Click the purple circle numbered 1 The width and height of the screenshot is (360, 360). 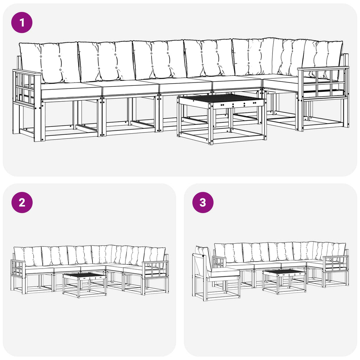click(22, 22)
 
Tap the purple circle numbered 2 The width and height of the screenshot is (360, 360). click(22, 202)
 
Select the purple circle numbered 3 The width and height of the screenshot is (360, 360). click(203, 202)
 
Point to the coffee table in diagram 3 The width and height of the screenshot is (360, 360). click(284, 282)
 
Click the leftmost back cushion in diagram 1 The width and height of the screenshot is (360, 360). click(49, 62)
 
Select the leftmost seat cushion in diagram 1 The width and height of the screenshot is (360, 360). click(71, 90)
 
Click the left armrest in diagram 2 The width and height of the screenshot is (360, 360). click(18, 277)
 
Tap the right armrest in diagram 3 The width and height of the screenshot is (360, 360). click(336, 271)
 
